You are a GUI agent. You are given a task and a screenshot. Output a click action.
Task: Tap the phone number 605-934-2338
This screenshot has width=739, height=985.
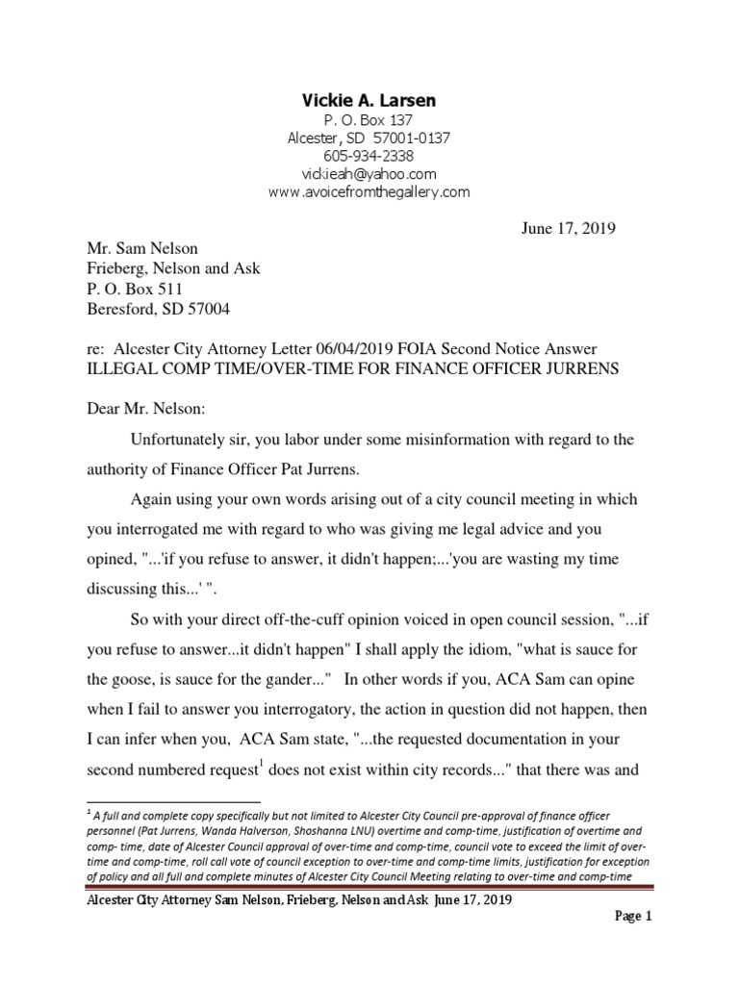click(369, 156)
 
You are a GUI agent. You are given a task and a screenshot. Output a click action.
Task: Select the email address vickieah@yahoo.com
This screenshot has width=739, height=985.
click(369, 174)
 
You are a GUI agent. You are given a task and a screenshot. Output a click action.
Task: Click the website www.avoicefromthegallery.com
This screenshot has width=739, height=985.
click(369, 192)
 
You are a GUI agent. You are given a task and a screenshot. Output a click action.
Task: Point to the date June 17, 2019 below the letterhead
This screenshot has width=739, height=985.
click(560, 229)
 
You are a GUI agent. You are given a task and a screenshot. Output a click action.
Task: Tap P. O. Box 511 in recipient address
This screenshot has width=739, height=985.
click(136, 289)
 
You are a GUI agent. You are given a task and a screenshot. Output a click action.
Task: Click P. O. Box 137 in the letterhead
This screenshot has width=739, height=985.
click(369, 119)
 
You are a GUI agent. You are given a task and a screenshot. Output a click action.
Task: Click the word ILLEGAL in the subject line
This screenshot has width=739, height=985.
click(119, 368)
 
